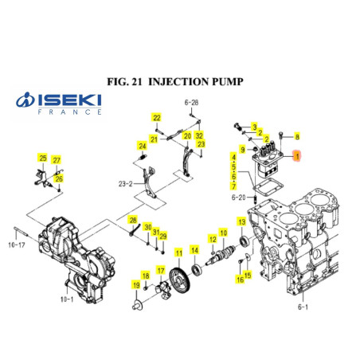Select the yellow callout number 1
point(297,156)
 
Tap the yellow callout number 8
point(297,136)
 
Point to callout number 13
point(241,221)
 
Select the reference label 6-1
point(301,305)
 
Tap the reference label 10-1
point(66,299)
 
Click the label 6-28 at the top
point(191,103)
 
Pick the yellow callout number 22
point(157,118)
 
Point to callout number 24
point(142,146)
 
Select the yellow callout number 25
point(43,158)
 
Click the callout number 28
point(133,220)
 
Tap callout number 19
point(136,285)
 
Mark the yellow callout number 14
point(195,251)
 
